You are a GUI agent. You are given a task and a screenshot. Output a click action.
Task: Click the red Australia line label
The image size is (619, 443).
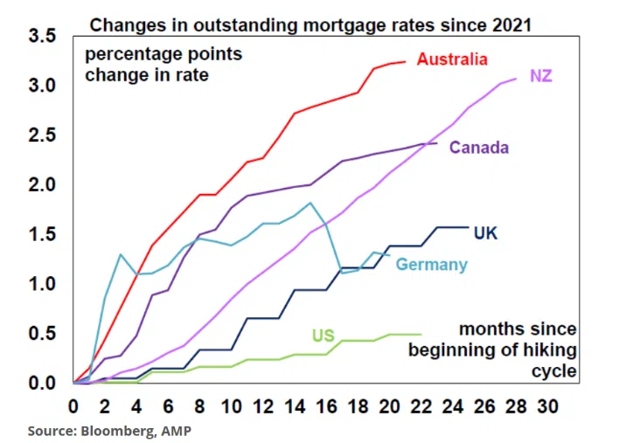click(452, 59)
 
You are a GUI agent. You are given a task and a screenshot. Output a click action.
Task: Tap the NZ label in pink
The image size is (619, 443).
click(540, 76)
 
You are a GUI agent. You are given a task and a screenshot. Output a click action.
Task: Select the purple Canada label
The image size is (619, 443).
click(478, 148)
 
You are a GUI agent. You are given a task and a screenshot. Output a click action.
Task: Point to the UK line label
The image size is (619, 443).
click(485, 233)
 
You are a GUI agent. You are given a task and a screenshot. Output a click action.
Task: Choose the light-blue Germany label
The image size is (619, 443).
click(431, 265)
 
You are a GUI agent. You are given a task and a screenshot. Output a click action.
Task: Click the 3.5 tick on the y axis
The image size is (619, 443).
click(42, 37)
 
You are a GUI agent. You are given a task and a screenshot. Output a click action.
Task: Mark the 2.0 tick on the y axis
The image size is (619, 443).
click(42, 185)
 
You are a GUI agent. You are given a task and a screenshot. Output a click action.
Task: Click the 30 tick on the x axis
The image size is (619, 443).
click(547, 407)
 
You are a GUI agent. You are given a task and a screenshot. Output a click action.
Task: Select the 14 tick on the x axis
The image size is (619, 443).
click(295, 407)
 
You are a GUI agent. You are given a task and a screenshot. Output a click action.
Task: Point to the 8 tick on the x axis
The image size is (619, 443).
click(199, 407)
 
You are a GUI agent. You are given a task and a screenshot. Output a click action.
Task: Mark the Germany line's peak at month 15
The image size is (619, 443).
click(310, 203)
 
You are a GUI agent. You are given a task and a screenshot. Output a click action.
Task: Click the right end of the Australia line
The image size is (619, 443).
click(406, 61)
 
